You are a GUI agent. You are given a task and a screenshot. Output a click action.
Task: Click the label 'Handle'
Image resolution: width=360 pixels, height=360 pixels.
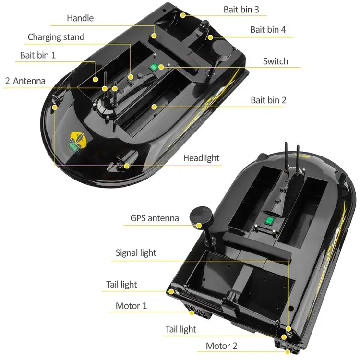pos(80,18)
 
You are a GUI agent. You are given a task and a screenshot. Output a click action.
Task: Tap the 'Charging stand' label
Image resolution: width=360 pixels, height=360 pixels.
pos(56,37)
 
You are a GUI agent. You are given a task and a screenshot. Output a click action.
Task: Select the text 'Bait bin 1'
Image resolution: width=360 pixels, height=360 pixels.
pos(38,55)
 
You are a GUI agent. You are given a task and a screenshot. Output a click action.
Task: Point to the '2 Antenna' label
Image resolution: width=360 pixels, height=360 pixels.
pos(25,81)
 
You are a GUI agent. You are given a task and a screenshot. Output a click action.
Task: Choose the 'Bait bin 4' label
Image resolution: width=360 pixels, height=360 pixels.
pos(268,30)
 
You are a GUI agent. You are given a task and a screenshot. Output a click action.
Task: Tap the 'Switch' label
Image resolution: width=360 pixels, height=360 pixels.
pos(276,61)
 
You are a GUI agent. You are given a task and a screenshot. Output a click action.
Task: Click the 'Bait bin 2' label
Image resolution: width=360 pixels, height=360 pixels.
pos(268,100)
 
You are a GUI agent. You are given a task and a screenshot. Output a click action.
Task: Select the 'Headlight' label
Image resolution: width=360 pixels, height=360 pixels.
pos(201,158)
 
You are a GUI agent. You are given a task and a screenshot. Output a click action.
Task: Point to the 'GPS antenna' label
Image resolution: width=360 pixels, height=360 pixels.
pos(155,218)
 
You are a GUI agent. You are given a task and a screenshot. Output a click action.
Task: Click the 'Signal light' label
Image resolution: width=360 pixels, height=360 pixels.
pos(136,253)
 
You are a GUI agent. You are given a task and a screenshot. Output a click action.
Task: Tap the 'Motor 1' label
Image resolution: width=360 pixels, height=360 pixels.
pos(131,306)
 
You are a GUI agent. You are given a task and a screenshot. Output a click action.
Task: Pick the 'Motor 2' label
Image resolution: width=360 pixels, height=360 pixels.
pos(221,346)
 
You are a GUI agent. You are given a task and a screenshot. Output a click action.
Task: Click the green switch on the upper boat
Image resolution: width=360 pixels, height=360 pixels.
pos(154,68)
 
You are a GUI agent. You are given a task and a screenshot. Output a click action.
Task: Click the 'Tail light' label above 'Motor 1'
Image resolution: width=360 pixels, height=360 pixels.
pos(121,285)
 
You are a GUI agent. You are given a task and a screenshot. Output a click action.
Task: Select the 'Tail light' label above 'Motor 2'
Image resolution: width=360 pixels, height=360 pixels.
pos(180,329)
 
